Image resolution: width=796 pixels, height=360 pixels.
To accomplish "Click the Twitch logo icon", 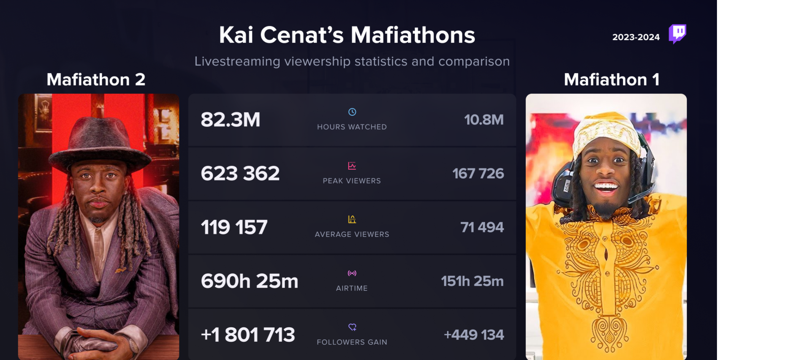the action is (677, 34).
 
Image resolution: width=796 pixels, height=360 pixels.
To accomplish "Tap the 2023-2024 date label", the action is (636, 37).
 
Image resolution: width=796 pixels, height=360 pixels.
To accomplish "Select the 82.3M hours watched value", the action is (230, 120).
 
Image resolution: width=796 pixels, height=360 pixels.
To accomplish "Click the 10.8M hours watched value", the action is (484, 120).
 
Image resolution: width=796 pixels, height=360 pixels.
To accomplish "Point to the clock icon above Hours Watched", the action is (352, 112).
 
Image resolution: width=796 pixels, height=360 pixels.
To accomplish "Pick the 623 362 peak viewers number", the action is (240, 174).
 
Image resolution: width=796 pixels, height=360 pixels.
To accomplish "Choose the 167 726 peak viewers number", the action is (478, 174).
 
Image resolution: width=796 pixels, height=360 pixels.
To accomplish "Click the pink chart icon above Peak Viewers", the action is (352, 166).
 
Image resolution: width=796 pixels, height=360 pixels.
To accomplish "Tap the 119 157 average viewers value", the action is (234, 227).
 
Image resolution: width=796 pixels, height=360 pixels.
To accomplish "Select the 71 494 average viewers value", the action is (482, 227).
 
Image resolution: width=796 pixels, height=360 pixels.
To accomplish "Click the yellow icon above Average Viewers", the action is (352, 219).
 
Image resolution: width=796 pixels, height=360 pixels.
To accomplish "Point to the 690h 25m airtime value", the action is (250, 281).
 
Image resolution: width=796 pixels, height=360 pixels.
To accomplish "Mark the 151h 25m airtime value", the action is (472, 281).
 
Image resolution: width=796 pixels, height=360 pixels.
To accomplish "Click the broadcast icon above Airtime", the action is (352, 273).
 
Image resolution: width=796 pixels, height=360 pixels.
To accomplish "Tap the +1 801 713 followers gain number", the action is (248, 335).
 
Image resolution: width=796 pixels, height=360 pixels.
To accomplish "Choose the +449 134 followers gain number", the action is (474, 335).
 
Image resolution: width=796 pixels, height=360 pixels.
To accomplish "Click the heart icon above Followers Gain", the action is (352, 327).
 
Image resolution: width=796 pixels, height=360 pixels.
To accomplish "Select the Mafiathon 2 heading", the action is (96, 80).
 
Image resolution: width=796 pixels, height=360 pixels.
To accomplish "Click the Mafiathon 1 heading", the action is (611, 80).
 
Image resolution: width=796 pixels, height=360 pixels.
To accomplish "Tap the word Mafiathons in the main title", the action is (413, 35).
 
